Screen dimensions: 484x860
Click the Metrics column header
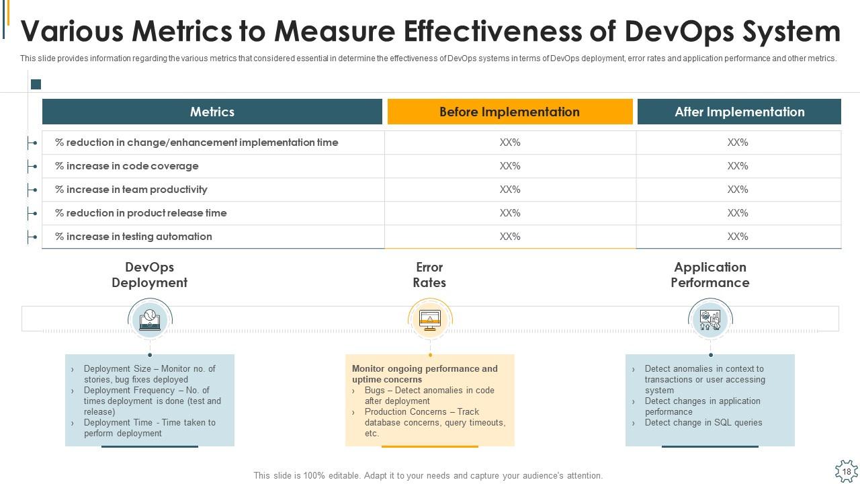coord(212,112)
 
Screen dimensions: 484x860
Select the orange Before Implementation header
coord(509,112)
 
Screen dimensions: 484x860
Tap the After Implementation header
coord(739,112)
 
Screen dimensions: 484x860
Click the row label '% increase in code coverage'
coord(127,166)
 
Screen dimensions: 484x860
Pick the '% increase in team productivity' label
coord(131,190)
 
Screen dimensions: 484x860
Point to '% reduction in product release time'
coord(141,213)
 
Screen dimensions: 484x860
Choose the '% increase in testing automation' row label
coord(134,237)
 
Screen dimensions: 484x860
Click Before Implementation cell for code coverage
coord(510,166)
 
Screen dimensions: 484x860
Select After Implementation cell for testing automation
coord(738,237)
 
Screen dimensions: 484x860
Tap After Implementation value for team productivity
coord(738,190)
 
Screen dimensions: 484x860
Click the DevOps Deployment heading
coord(149,275)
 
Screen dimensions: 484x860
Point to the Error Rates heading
coord(429,275)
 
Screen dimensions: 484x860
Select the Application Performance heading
coord(710,275)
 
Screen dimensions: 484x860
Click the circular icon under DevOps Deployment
coord(150,319)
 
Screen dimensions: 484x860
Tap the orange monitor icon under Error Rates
coord(430,319)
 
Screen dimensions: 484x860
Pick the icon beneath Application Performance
coord(710,319)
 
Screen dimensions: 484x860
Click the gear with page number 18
coord(847,472)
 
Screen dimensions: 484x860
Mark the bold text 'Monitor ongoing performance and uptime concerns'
coord(425,374)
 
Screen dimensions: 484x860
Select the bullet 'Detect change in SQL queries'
coord(703,423)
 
